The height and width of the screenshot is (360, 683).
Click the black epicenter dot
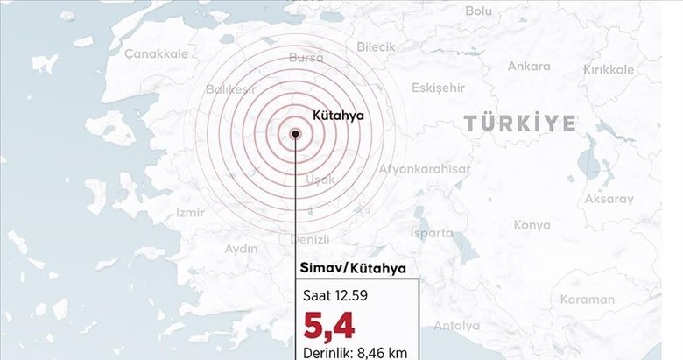pyautogui.click(x=296, y=134)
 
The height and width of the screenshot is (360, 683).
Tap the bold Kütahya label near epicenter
pyautogui.click(x=338, y=115)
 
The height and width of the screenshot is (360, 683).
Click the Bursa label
pyautogui.click(x=305, y=58)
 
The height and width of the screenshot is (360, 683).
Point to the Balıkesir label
pyautogui.click(x=234, y=88)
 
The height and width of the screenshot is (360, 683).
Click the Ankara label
pyautogui.click(x=529, y=66)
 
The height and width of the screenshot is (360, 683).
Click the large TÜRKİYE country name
pyautogui.click(x=520, y=123)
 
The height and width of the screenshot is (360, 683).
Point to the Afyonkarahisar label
pyautogui.click(x=425, y=169)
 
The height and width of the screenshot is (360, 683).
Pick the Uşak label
pyautogui.click(x=320, y=180)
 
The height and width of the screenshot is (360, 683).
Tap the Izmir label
pyautogui.click(x=190, y=212)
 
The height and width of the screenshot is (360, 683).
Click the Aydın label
pyautogui.click(x=241, y=249)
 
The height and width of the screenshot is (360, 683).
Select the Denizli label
pyautogui.click(x=309, y=239)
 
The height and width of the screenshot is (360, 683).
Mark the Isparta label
pyautogui.click(x=432, y=233)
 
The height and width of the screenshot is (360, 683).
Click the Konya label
pyautogui.click(x=532, y=225)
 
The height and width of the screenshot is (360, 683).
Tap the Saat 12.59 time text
pyautogui.click(x=332, y=295)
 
